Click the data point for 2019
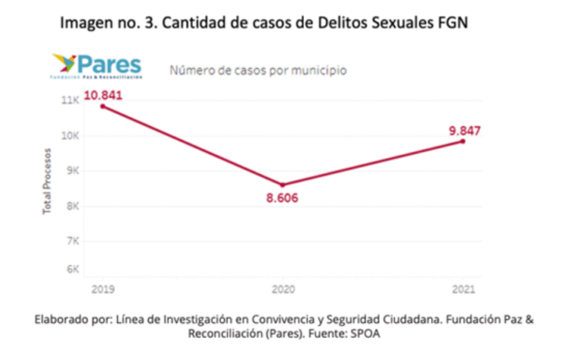pos(102,106)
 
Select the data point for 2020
pos(283,185)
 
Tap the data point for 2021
pos(462,141)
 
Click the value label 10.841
pos(103,95)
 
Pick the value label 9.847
pos(464,130)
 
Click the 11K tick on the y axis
pos(70,101)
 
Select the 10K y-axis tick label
pos(70,136)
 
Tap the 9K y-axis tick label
pos(73,171)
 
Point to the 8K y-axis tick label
pos(73,206)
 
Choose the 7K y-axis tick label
pos(73,241)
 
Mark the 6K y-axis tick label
pos(73,269)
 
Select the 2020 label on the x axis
pos(283,290)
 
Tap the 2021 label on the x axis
pos(463,290)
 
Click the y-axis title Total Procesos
pos(47,182)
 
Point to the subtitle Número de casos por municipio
pos(258,71)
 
